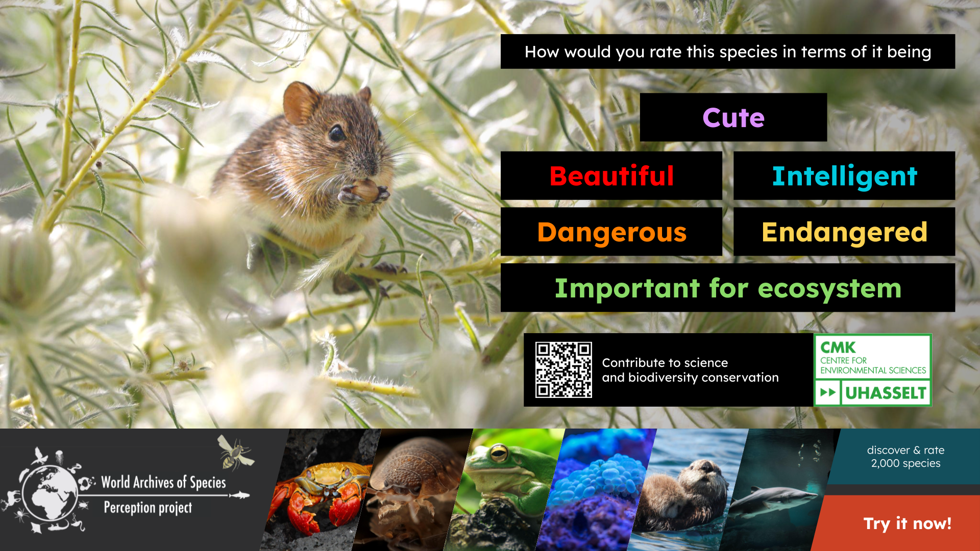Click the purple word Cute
(733, 118)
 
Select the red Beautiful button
(611, 176)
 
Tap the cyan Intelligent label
(844, 176)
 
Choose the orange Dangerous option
(611, 232)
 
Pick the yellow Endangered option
(844, 232)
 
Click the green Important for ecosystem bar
(728, 288)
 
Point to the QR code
(563, 370)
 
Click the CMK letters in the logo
(838, 347)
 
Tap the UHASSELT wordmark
(886, 393)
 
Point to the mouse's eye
(336, 134)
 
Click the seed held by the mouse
(365, 190)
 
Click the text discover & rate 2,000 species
(905, 457)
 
